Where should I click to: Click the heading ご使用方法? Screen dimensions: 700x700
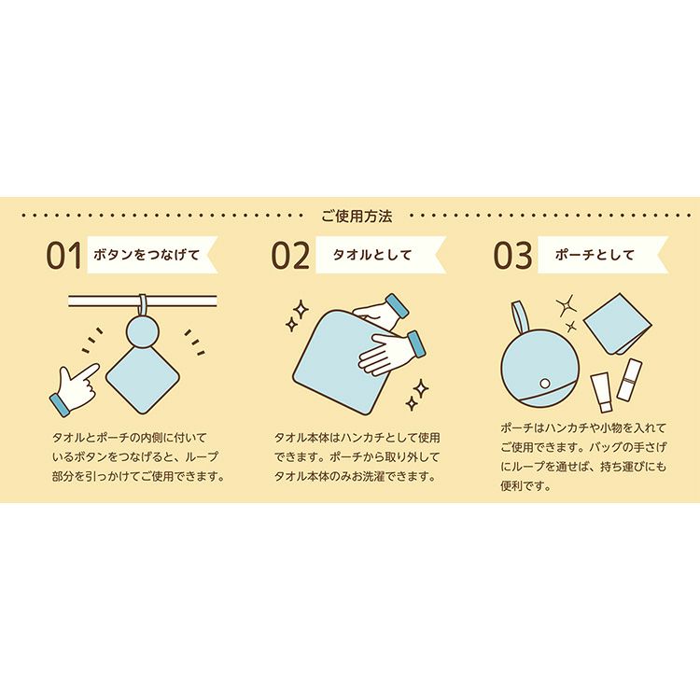tap(357, 217)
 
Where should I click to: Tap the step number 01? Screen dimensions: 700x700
tap(64, 256)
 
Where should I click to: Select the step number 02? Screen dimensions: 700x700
tap(290, 256)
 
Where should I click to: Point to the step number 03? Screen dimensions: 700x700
tap(512, 256)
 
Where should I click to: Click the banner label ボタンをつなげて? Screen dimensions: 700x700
tap(147, 255)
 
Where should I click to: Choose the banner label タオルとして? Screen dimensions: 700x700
tap(371, 255)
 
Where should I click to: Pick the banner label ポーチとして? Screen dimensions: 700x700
tap(595, 255)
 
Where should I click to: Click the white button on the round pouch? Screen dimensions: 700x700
tap(545, 383)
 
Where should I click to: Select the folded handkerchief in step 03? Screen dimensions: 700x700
tap(617, 322)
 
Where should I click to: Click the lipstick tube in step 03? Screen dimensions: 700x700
tap(629, 380)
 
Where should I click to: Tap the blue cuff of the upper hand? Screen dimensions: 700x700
tap(397, 305)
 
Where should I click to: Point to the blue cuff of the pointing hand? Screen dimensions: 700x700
tap(59, 405)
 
